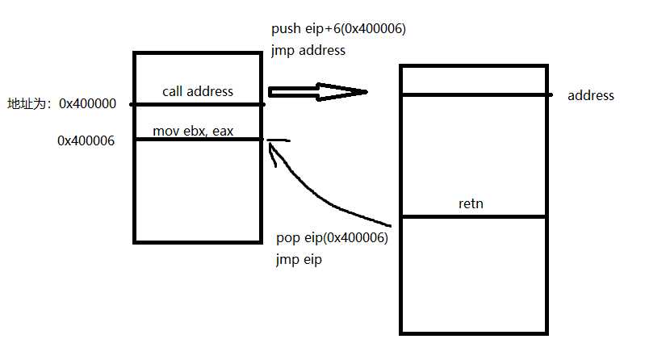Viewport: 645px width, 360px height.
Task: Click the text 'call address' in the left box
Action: [197, 91]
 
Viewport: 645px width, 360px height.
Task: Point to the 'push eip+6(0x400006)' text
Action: [338, 30]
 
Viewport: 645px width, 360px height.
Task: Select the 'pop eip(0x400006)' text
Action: [332, 239]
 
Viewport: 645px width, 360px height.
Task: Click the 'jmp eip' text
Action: [299, 260]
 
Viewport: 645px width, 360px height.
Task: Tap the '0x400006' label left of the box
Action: [86, 140]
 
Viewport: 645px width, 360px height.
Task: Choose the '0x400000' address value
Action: [88, 104]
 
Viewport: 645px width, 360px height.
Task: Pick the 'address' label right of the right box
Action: [591, 95]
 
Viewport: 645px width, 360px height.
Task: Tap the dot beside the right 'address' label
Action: [551, 95]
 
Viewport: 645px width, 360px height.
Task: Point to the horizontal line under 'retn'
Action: [473, 216]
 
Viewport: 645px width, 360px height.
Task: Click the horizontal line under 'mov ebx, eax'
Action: [199, 140]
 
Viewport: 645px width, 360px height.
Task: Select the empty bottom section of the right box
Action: [473, 274]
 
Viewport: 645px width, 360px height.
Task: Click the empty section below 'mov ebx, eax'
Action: [199, 190]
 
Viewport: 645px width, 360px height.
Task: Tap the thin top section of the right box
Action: [473, 81]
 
